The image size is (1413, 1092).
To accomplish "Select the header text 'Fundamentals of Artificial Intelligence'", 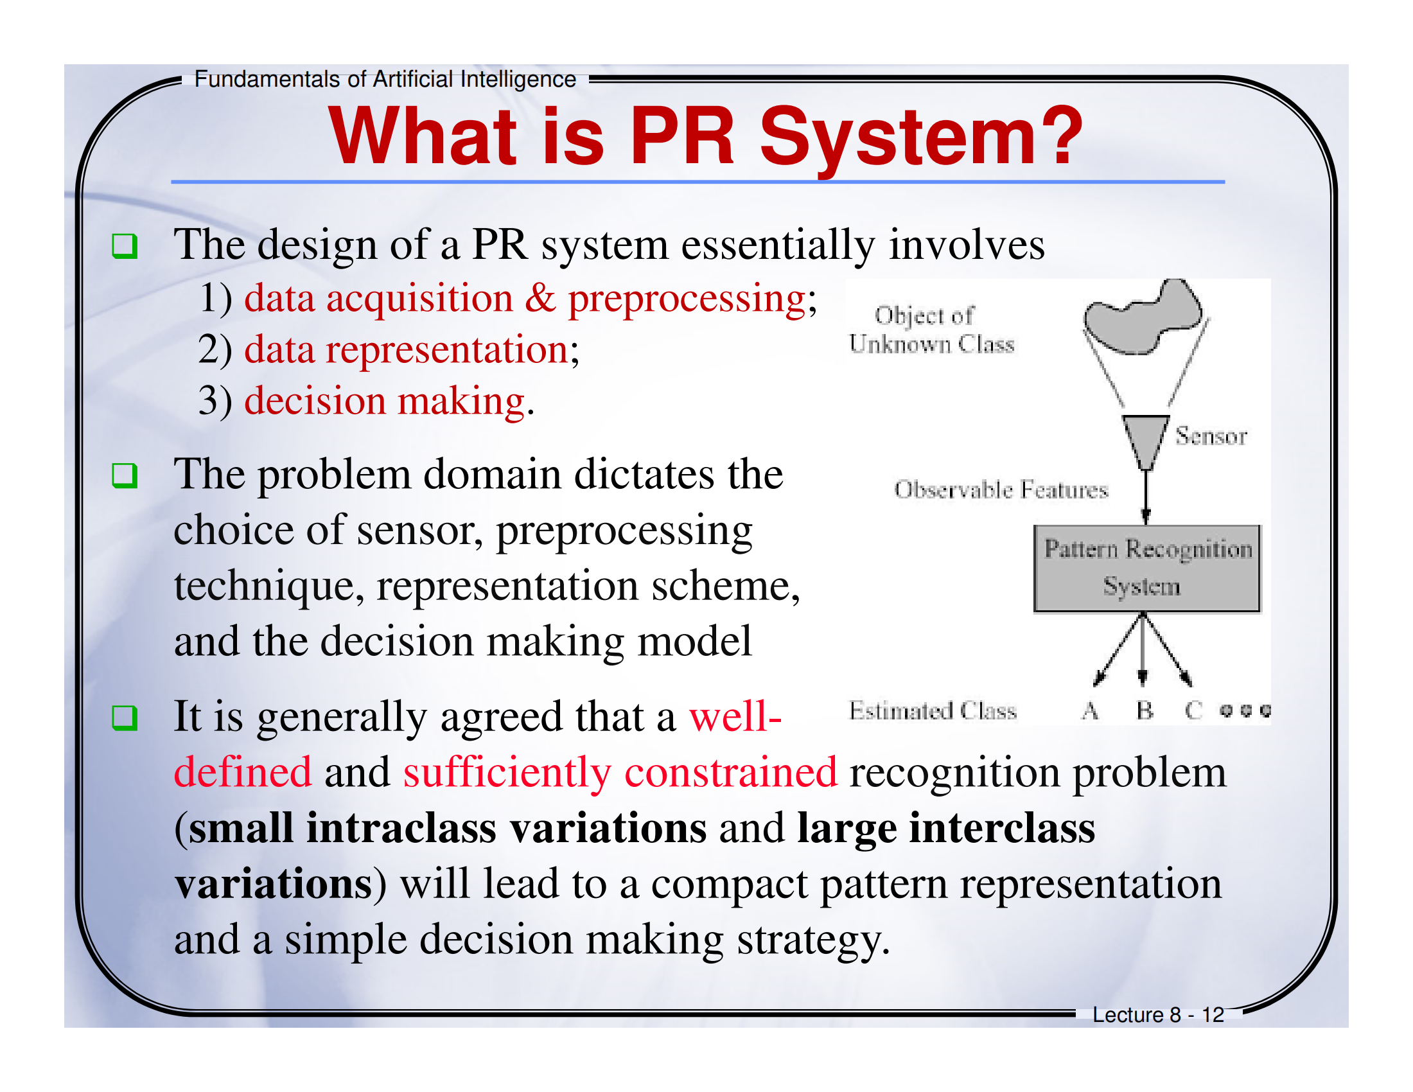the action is coord(385,79).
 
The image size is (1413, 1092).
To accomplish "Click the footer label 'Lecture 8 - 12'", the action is coord(1158,1014).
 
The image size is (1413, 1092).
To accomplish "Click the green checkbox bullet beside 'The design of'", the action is coord(124,246).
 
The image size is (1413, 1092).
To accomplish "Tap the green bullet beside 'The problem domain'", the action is coord(124,475).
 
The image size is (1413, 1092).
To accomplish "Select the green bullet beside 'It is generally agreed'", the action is coord(124,718).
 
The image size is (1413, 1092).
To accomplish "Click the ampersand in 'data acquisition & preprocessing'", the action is coord(540,299).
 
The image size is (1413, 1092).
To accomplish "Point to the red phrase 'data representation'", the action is coord(407,350).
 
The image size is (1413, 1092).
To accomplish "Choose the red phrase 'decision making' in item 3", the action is coord(384,401).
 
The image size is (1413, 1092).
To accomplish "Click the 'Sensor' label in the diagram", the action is coord(1211,436).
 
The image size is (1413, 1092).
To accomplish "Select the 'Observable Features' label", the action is coord(1001,489).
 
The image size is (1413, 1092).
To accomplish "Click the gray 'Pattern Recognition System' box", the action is coord(1146,568).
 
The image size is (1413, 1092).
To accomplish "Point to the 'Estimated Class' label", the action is coord(933,710).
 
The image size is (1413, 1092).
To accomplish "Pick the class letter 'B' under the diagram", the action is coord(1145,710).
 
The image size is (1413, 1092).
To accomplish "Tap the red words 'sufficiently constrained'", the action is coord(620,772).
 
